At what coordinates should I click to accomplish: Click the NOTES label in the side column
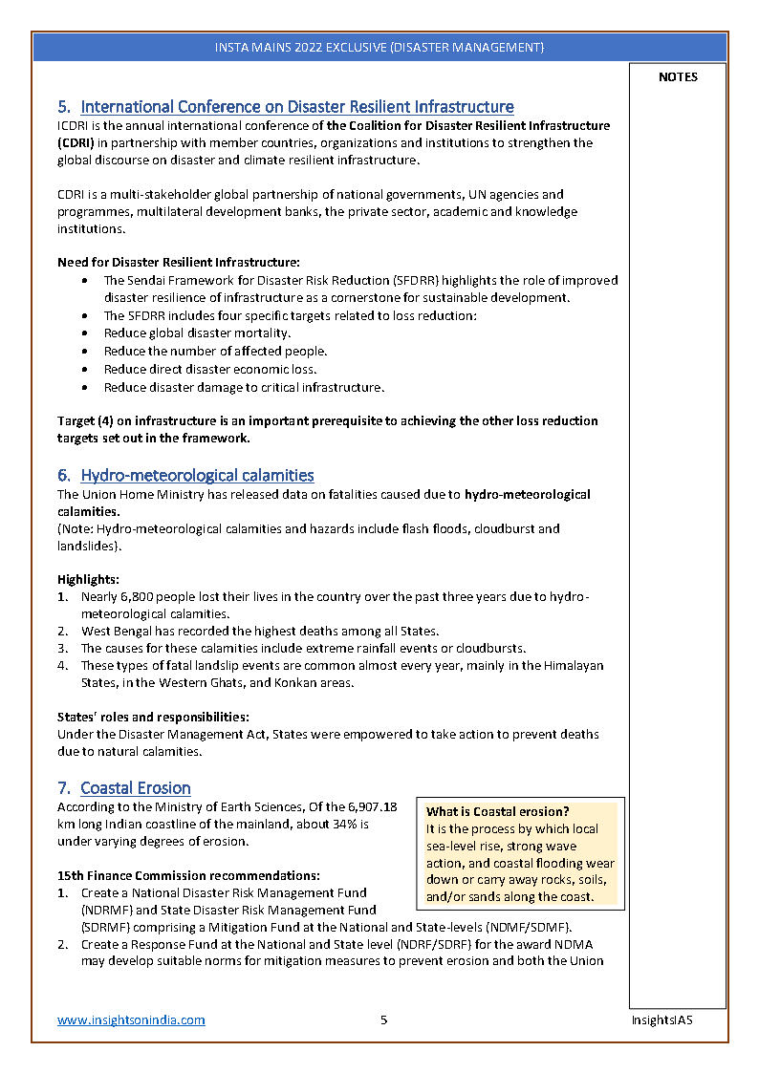click(678, 77)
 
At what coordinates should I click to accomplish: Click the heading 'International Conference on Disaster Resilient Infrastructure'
click(296, 107)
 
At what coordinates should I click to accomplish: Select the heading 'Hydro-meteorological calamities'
click(197, 475)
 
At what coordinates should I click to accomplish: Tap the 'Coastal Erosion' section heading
click(135, 788)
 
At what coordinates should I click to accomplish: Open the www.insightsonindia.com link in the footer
click(131, 1019)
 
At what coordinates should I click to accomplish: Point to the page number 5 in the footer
click(383, 1019)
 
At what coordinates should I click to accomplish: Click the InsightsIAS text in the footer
click(661, 1019)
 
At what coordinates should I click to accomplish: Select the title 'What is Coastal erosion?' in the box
click(497, 811)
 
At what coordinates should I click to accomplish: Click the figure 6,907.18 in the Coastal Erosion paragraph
click(373, 807)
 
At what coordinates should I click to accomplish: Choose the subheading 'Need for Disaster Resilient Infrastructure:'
click(179, 263)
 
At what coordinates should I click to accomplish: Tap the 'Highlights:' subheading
click(88, 579)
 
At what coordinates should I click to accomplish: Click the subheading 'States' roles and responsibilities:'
click(154, 717)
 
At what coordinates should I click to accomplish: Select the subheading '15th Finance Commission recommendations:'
click(188, 875)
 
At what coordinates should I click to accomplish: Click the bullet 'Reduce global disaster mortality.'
click(197, 333)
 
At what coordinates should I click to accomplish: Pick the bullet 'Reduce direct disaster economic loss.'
click(209, 369)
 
